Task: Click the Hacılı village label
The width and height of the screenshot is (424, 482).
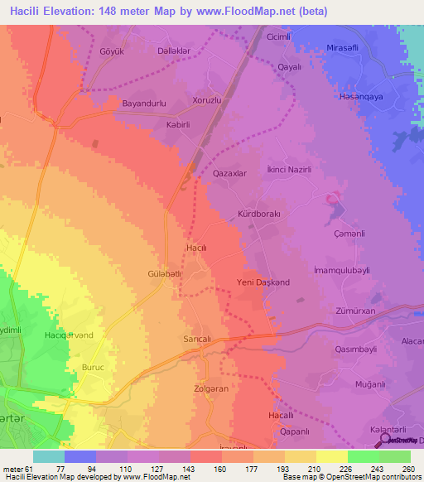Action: pyautogui.click(x=196, y=248)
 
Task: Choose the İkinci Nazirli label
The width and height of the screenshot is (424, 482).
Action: pyautogui.click(x=290, y=169)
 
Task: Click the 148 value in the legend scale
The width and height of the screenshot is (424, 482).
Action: pyautogui.click(x=204, y=470)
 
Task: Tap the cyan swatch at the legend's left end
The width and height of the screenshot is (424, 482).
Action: pyautogui.click(x=49, y=456)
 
